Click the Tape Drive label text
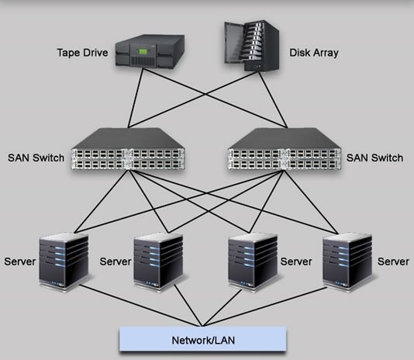click(82, 53)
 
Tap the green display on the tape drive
click(143, 51)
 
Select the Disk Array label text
click(314, 53)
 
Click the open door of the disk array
click(233, 43)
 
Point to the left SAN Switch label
click(36, 157)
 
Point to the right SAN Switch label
click(374, 157)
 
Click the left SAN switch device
click(128, 149)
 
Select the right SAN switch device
click(285, 149)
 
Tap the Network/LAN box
click(203, 339)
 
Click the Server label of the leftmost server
click(20, 261)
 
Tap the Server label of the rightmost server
click(393, 261)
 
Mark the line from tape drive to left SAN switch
click(136, 98)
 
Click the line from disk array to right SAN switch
click(273, 99)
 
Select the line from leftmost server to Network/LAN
click(141, 305)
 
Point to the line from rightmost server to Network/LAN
click(265, 307)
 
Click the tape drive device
click(150, 50)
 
